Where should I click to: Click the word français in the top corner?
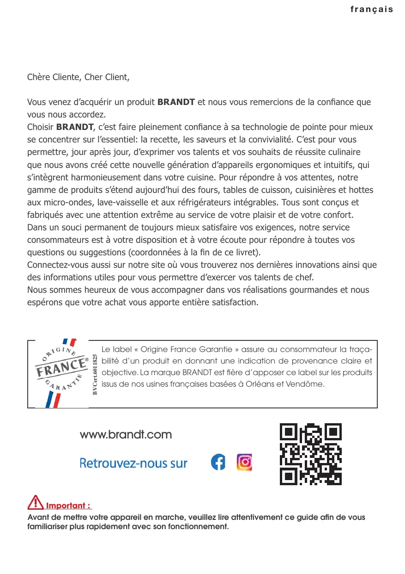coord(371,9)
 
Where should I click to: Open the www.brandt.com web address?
coord(126,435)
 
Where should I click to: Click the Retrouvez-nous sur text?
coord(133,463)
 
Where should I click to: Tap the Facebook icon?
coord(218,463)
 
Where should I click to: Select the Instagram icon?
coord(244,463)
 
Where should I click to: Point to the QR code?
coord(311,454)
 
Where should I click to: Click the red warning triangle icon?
coord(36,502)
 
